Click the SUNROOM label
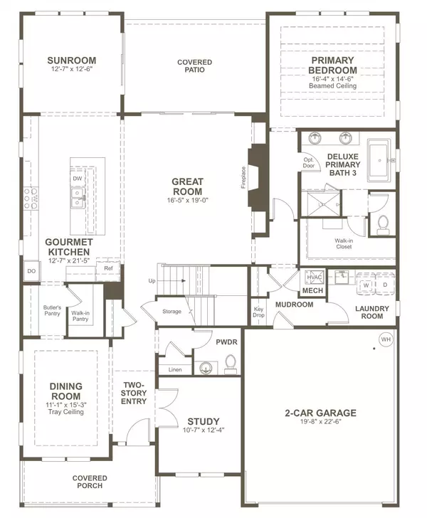(x=71, y=60)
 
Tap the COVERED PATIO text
(x=194, y=65)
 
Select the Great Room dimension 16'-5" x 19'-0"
(x=187, y=200)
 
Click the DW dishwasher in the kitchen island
(x=78, y=179)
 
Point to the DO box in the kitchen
(x=31, y=271)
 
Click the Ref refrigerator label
(x=108, y=268)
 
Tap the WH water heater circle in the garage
(x=386, y=339)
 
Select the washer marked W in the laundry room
(x=366, y=285)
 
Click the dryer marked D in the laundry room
(x=385, y=285)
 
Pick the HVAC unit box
(x=314, y=277)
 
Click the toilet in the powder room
(x=231, y=364)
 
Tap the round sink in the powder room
(x=206, y=367)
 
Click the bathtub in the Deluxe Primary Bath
(x=380, y=161)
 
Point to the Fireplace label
(x=243, y=177)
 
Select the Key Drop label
(x=258, y=312)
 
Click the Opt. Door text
(x=309, y=163)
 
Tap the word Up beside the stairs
(x=152, y=281)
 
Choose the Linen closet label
(x=175, y=370)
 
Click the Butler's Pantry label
(x=52, y=310)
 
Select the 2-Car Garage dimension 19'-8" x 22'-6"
(x=320, y=421)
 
